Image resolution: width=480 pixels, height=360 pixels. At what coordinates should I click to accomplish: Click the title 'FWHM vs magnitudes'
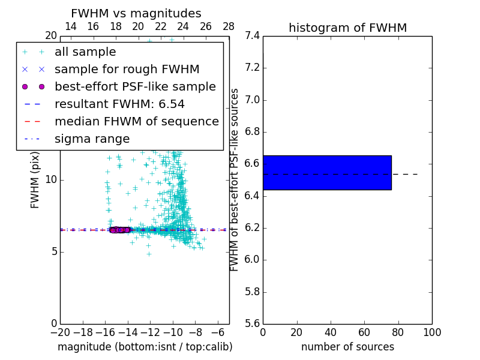[136, 14]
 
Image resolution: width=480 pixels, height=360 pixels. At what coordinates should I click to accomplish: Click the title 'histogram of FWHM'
[347, 28]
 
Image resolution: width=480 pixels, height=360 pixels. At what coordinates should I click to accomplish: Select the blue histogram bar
[327, 173]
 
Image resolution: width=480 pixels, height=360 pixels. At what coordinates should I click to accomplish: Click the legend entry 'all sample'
[85, 52]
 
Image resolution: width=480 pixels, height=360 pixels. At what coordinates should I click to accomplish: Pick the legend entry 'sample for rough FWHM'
[127, 70]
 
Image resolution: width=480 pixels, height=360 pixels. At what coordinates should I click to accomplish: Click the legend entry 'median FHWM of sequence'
[136, 122]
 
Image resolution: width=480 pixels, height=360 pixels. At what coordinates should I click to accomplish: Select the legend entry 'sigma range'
[92, 139]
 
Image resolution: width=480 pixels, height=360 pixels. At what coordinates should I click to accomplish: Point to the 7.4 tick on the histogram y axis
[252, 36]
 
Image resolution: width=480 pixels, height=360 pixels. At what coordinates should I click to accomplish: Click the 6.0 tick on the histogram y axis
[252, 260]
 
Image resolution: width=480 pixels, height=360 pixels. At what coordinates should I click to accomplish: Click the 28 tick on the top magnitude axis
[229, 26]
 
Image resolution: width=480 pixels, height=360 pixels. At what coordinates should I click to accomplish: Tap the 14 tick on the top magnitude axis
[70, 26]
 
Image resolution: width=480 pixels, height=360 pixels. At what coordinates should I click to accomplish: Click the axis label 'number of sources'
[347, 347]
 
